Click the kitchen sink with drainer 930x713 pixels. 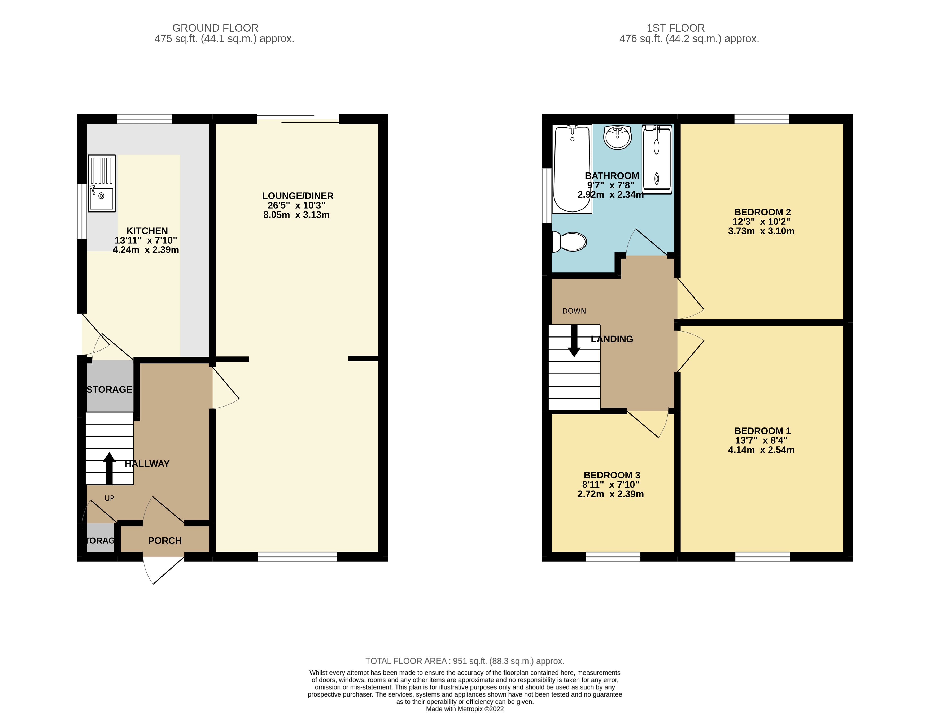pos(102,183)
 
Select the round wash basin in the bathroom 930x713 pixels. pos(617,137)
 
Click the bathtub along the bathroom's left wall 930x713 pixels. pos(572,169)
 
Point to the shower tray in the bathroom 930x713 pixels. pos(657,159)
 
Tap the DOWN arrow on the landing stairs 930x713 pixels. pos(574,341)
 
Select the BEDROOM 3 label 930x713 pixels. pos(612,475)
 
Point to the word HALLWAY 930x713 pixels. pos(147,464)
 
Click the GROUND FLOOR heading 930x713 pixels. pos(215,28)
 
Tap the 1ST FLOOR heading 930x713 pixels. pos(675,28)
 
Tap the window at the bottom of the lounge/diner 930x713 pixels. pos(297,557)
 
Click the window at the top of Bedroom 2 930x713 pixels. pos(761,119)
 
